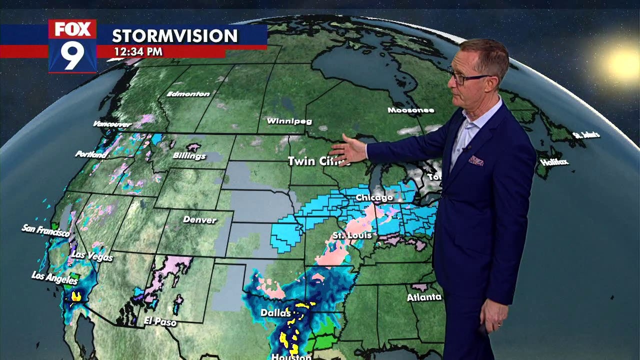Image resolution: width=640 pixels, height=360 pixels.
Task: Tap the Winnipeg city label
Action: click(289, 121)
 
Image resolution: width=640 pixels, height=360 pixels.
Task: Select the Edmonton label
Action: click(188, 93)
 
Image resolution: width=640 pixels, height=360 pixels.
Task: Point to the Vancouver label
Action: click(112, 124)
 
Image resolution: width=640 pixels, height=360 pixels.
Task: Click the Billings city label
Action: click(189, 156)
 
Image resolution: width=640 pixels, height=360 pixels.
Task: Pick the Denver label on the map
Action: click(199, 219)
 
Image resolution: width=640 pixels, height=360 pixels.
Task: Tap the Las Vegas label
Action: click(92, 255)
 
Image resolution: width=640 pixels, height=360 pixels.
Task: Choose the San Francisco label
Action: click(45, 230)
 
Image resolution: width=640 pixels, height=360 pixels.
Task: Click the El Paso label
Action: click(160, 321)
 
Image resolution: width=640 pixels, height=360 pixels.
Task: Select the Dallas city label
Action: click(275, 313)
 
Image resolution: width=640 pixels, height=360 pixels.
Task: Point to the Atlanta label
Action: click(424, 297)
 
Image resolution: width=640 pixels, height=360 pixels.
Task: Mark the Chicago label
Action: click(374, 198)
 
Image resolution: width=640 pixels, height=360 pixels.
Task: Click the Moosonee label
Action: click(410, 110)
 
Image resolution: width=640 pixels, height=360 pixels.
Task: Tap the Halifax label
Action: click(554, 162)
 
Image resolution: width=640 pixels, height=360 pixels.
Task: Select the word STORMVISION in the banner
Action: click(174, 35)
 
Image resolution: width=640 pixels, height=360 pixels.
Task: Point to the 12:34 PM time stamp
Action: click(138, 51)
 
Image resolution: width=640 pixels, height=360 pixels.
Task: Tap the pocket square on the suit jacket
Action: click(476, 160)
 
